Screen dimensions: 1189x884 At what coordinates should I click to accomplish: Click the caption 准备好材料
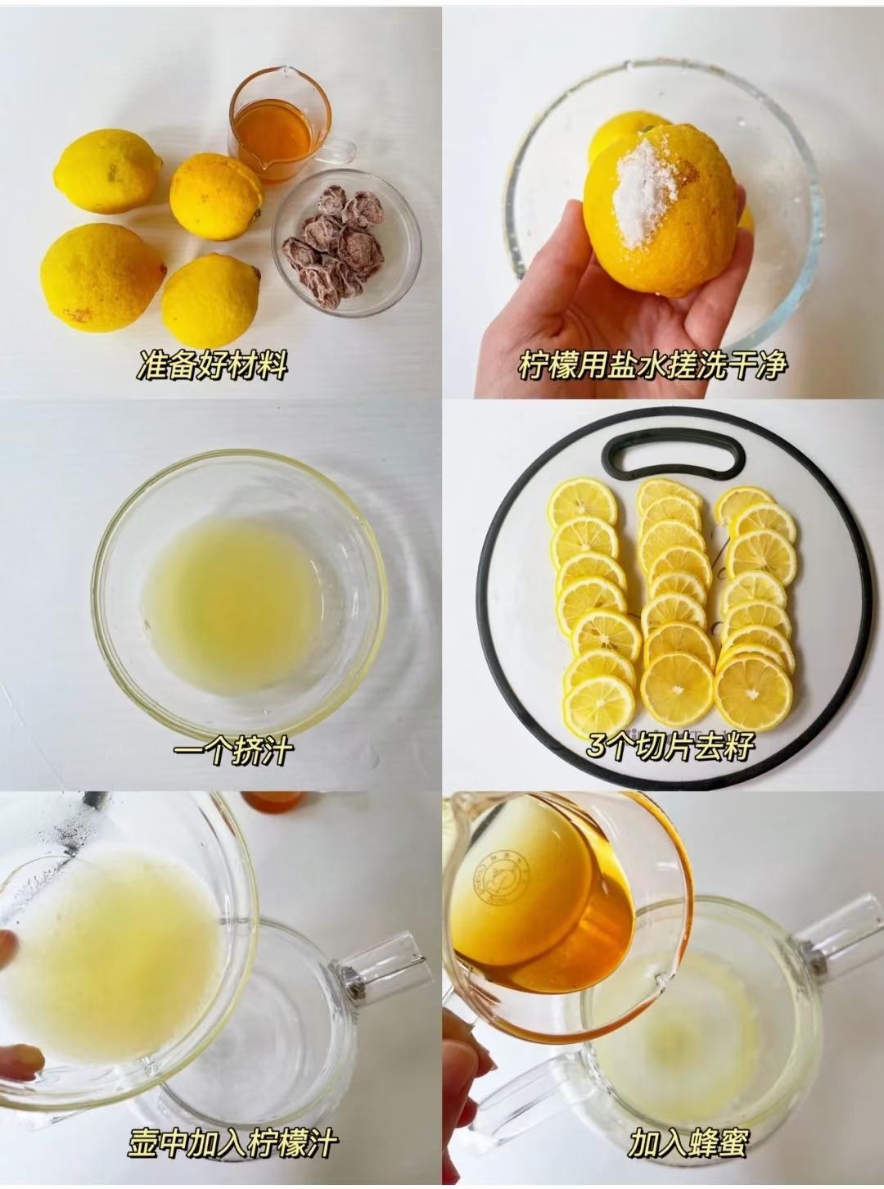(212, 364)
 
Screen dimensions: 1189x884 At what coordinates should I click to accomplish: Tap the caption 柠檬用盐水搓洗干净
(652, 364)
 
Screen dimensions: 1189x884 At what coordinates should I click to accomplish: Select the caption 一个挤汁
(233, 750)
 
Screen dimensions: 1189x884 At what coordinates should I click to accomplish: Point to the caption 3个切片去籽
(670, 746)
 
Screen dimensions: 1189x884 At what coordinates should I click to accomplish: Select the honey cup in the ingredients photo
(275, 123)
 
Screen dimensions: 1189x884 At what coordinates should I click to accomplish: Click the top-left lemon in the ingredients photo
(106, 171)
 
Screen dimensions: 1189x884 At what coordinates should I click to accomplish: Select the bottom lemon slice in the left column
(600, 703)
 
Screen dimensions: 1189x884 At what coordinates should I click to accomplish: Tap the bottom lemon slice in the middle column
(677, 689)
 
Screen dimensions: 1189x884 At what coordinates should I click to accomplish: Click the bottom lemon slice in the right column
(752, 693)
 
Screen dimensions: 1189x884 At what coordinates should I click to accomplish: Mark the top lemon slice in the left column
(583, 502)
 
